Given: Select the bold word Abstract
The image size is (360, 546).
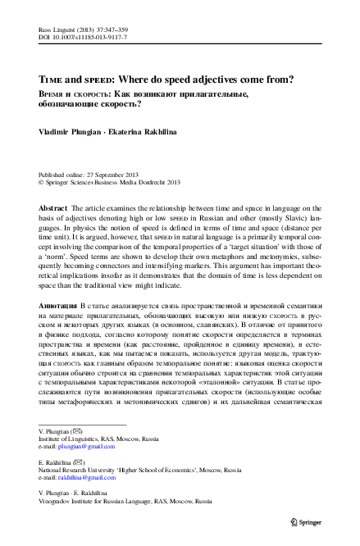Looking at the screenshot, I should (52, 210).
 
